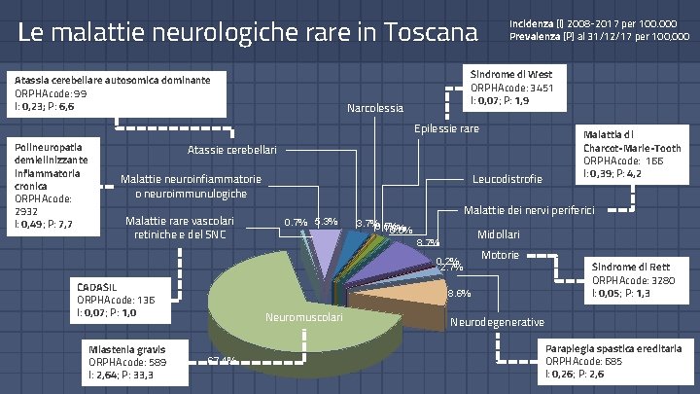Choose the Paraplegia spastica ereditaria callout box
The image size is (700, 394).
pyautogui.click(x=612, y=360)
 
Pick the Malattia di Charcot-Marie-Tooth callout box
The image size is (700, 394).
pyautogui.click(x=631, y=154)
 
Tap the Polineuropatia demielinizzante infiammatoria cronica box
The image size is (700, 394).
pyautogui.click(x=50, y=186)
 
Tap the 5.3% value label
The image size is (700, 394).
pyautogui.click(x=326, y=222)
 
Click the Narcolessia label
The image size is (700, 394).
pyautogui.click(x=374, y=108)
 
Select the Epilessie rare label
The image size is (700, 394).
pyautogui.click(x=446, y=129)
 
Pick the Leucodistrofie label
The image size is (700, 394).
pyautogui.click(x=507, y=180)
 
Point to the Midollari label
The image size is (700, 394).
pyautogui.click(x=499, y=235)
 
